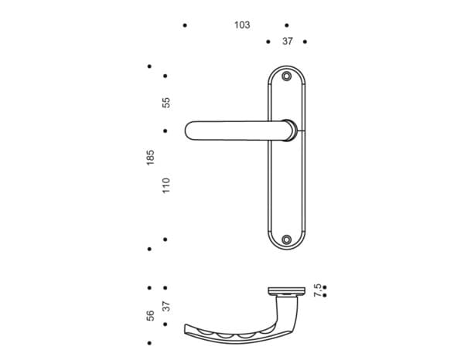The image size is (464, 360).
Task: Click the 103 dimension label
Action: coord(242,25)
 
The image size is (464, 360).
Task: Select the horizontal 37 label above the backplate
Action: coord(287,42)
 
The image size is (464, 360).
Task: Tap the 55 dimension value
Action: coord(165,102)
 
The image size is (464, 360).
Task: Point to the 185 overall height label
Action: coord(150,157)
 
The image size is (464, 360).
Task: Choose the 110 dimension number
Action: coord(165,185)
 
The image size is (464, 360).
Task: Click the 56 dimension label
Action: coord(150,314)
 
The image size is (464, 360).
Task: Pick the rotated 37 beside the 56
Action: coord(165,306)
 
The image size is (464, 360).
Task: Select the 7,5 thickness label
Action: coord(317,289)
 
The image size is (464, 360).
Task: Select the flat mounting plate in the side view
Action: coord(287,291)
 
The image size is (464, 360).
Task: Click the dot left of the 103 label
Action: coord(185,25)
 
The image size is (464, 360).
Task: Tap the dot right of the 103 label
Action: coord(286,25)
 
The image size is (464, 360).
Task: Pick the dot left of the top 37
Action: coord(268,42)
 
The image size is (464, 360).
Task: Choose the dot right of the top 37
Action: coord(305,42)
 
